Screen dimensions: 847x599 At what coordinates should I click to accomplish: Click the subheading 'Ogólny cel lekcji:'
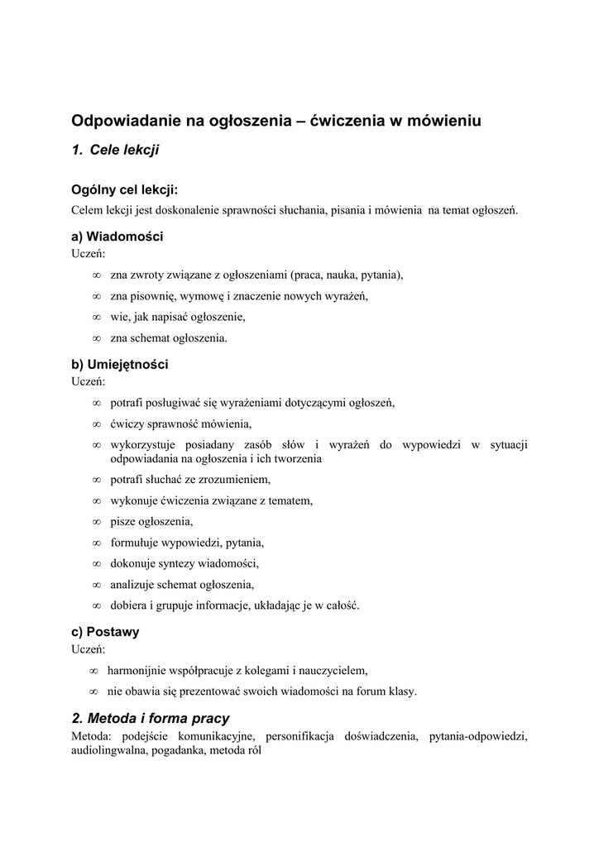(125, 189)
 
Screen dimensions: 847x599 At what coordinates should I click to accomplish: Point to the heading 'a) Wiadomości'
(117, 237)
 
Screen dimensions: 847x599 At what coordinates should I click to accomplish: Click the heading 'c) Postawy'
(105, 631)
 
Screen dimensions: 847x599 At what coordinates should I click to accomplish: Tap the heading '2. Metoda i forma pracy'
(151, 718)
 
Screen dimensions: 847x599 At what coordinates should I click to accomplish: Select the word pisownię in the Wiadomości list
(151, 295)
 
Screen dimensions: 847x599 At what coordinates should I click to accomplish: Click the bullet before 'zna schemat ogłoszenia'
(97, 338)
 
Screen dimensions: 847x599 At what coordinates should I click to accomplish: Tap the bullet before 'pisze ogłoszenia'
(97, 521)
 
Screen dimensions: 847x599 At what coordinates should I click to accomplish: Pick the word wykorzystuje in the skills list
(142, 445)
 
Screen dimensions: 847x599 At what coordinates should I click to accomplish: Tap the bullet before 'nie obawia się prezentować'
(94, 691)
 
